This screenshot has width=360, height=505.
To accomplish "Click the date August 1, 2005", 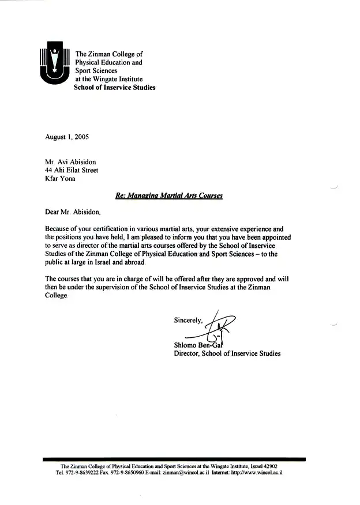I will click(x=67, y=137).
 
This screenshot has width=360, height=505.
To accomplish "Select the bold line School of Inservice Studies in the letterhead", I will click(x=114, y=88).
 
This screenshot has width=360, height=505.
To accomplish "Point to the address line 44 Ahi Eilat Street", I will click(x=72, y=170).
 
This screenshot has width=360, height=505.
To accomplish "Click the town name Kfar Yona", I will click(x=60, y=179).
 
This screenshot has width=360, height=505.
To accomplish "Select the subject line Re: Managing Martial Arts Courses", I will click(x=168, y=195).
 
